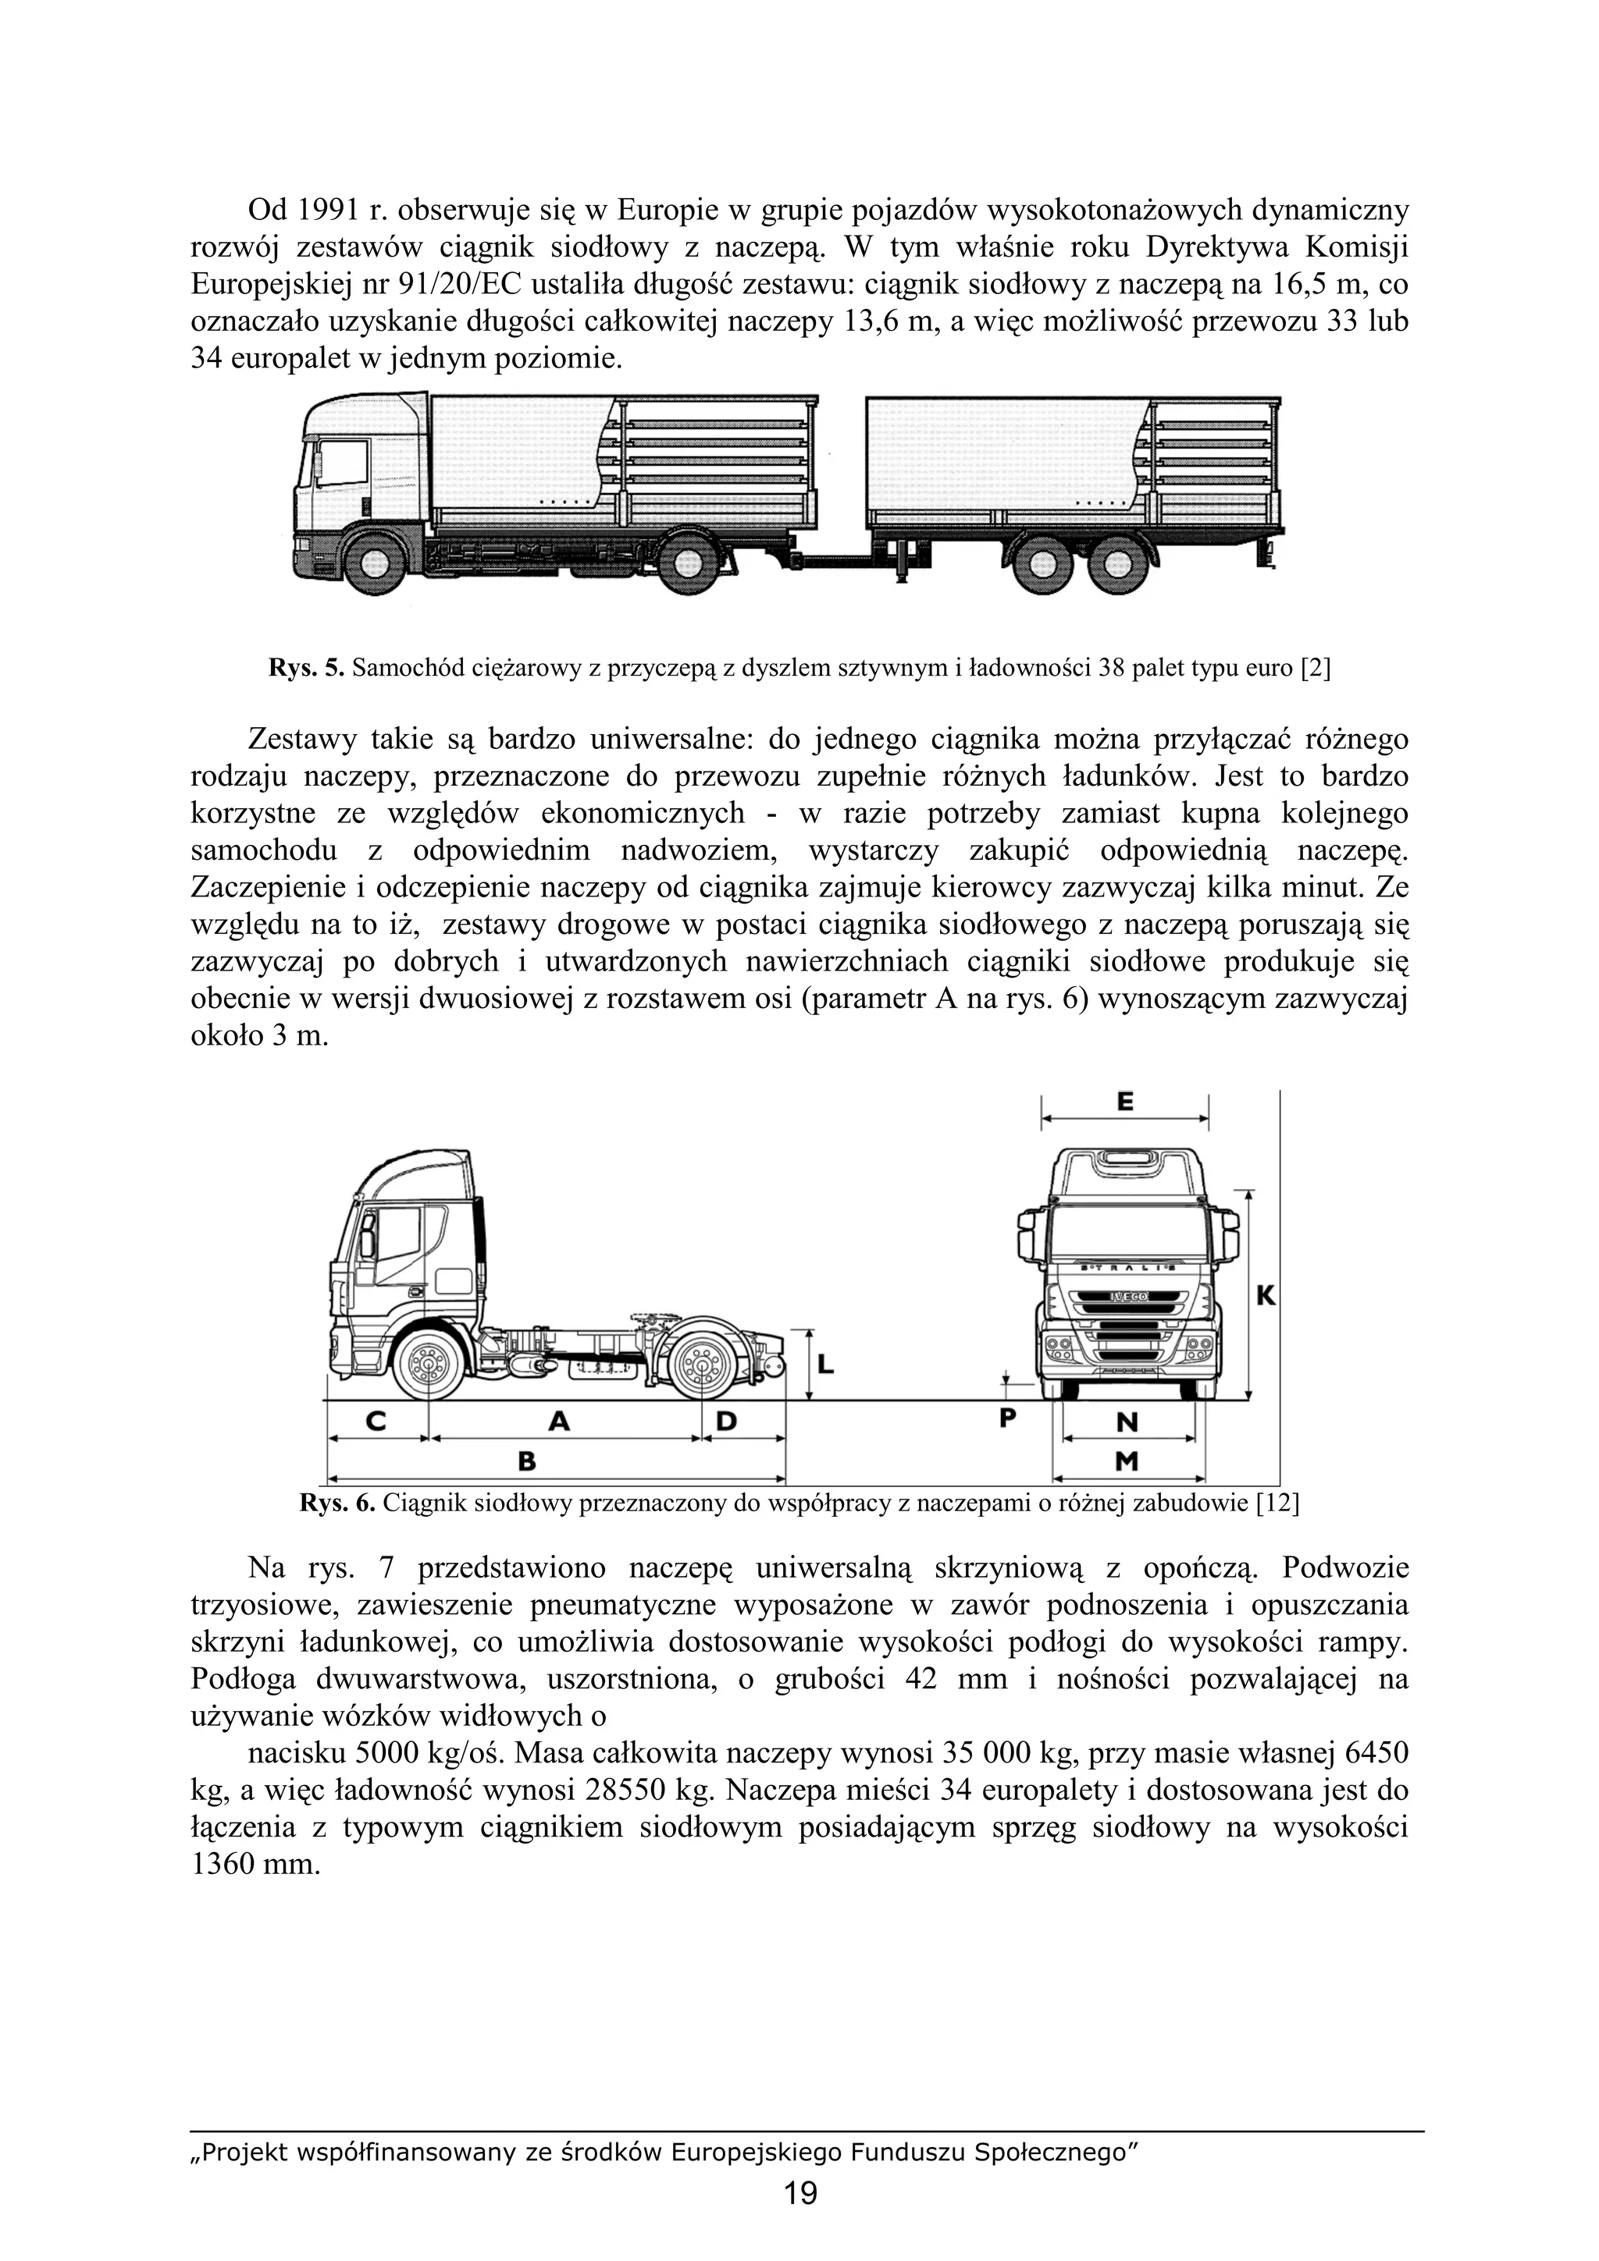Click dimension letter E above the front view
click(1125, 1103)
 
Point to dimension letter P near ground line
click(1007, 1419)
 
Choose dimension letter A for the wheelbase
click(558, 1421)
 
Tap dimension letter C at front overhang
click(376, 1421)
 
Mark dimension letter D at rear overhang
click(725, 1421)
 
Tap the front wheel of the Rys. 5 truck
click(376, 563)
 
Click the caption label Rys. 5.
click(304, 669)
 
